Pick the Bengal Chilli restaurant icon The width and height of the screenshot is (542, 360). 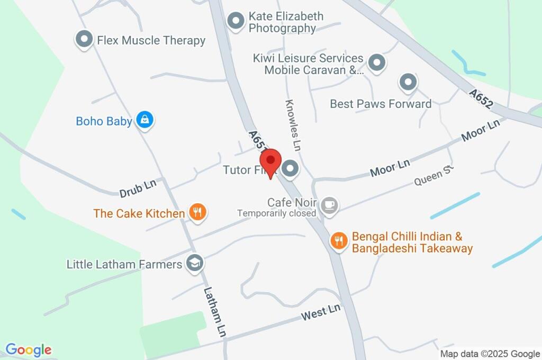tap(338, 241)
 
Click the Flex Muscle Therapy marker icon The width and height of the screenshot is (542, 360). tap(84, 39)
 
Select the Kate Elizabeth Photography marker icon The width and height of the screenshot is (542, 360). tap(235, 21)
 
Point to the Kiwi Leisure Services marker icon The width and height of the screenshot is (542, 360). tap(377, 62)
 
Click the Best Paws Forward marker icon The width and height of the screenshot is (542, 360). tap(408, 82)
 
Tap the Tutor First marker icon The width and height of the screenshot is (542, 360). tap(290, 169)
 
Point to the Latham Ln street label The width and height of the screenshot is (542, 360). tap(214, 313)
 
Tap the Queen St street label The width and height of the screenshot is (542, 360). tap(435, 175)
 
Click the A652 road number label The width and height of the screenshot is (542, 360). tap(481, 99)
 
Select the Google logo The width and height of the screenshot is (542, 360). tap(29, 350)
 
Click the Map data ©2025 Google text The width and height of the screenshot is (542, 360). tap(490, 354)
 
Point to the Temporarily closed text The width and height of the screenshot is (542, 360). tap(277, 213)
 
